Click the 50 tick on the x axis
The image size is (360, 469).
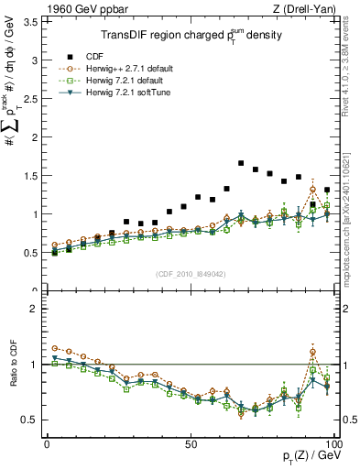(x=191, y=442)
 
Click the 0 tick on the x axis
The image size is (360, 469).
(x=48, y=442)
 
